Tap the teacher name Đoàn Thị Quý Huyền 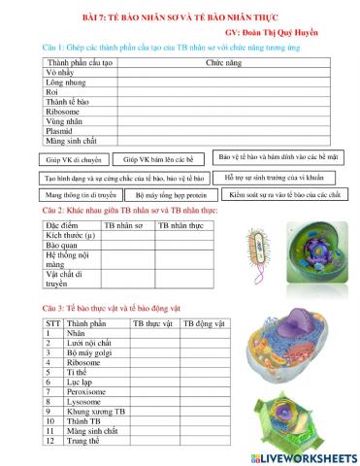click(x=291, y=31)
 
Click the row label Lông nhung click(x=68, y=83)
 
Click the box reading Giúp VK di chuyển click(x=73, y=158)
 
